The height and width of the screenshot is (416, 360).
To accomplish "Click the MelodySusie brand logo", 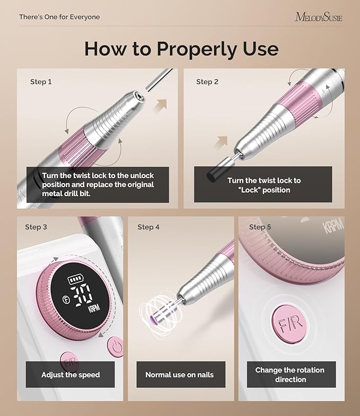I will tap(319, 17).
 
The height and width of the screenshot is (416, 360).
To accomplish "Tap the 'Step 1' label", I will tap(41, 82).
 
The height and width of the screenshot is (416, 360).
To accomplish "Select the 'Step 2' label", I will tap(207, 82).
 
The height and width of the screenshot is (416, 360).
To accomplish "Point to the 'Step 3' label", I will tap(36, 227).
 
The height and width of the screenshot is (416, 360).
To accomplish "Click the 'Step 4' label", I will tap(148, 227).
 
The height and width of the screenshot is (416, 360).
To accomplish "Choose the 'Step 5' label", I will tap(260, 227).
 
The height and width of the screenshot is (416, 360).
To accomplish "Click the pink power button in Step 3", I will tap(116, 347).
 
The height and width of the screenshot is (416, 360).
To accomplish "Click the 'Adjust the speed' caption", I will tap(71, 375).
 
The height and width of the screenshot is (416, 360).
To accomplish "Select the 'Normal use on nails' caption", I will tap(180, 375).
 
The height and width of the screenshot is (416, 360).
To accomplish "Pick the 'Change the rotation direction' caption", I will tap(289, 375).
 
